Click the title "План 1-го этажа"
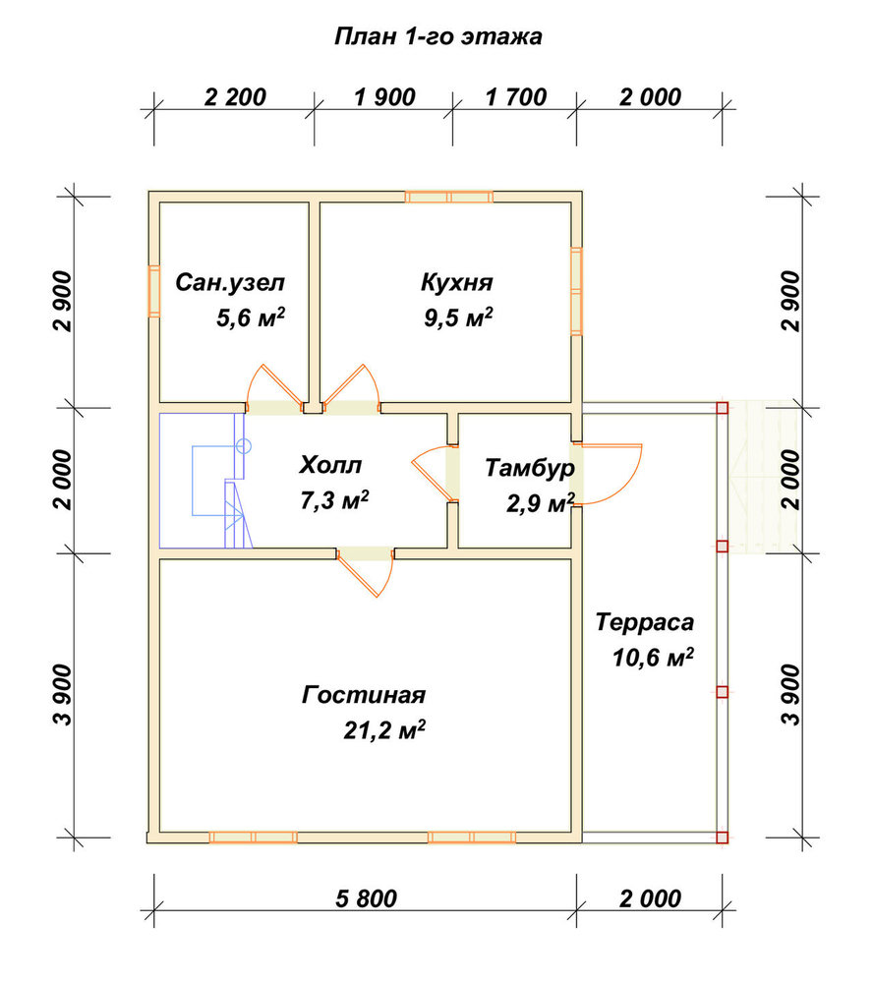click(x=438, y=36)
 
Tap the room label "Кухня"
click(x=457, y=282)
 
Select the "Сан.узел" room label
click(x=230, y=283)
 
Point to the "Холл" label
click(x=330, y=465)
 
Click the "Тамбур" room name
click(x=530, y=468)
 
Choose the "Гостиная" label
click(x=364, y=695)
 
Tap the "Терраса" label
click(x=645, y=622)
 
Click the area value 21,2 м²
click(x=384, y=729)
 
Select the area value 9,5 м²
click(x=458, y=318)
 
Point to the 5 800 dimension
click(x=366, y=898)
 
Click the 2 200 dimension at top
click(x=235, y=97)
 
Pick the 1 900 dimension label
click(x=384, y=97)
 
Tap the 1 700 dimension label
click(x=516, y=97)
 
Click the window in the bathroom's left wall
click(x=154, y=291)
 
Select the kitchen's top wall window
click(x=449, y=197)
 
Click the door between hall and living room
click(x=366, y=570)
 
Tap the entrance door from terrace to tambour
click(x=606, y=474)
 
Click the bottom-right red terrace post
click(x=723, y=837)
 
